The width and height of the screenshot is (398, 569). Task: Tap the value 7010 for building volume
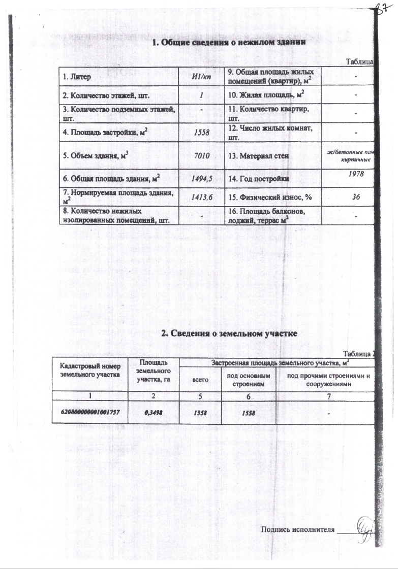pos(202,156)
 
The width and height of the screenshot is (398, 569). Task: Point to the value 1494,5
pos(202,179)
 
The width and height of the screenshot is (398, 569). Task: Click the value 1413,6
pos(202,197)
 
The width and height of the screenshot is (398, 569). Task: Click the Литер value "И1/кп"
pos(202,77)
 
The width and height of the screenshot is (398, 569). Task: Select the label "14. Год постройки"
pos(259,179)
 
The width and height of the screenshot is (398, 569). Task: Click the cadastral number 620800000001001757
pos(90,413)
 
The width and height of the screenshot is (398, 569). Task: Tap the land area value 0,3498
pos(153,413)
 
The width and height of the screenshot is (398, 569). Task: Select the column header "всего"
pos(199,379)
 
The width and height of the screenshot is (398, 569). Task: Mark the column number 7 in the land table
pos(327,395)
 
